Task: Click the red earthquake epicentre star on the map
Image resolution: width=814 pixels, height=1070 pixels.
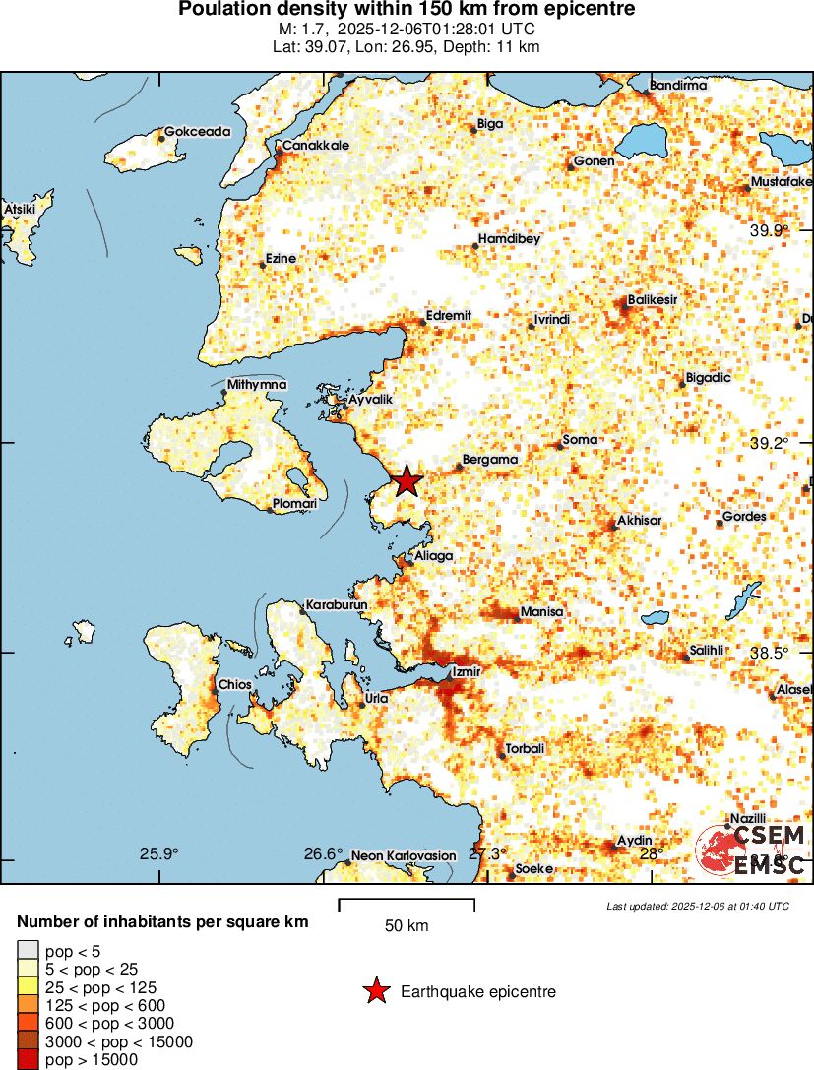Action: point(406,481)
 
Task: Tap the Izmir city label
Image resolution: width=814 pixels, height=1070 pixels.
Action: point(466,671)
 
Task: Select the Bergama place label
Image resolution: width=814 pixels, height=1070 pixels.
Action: point(490,459)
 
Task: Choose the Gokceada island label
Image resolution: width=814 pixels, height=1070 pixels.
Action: point(197,131)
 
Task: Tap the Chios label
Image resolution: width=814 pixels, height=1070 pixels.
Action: point(235,684)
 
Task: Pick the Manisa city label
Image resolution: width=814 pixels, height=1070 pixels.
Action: point(541,612)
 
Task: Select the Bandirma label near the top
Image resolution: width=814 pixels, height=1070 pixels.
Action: point(678,86)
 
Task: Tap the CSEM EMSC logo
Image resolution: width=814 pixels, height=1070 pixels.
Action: point(752,850)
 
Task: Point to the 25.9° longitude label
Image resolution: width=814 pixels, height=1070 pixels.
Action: point(158,853)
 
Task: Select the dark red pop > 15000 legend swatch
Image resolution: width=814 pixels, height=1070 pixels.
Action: point(28,1060)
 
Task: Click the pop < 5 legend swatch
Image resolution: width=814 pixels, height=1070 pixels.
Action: point(28,950)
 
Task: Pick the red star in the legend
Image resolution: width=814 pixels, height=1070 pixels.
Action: point(376,992)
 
